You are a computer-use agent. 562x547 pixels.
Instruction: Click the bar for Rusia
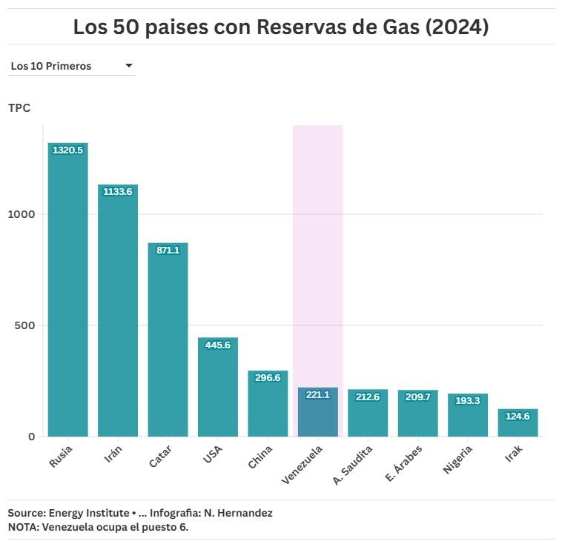pyautogui.click(x=67, y=289)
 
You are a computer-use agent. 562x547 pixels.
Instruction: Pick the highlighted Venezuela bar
pyautogui.click(x=317, y=411)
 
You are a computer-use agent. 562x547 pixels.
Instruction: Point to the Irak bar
pyautogui.click(x=518, y=422)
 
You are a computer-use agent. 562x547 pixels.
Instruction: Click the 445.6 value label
pyautogui.click(x=217, y=345)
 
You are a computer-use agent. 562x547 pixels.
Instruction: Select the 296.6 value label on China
pyautogui.click(x=268, y=378)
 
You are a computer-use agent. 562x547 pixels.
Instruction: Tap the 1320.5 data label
pyautogui.click(x=67, y=150)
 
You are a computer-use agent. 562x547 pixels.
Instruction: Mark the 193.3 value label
pyautogui.click(x=467, y=401)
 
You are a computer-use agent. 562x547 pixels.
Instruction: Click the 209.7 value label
pyautogui.click(x=417, y=397)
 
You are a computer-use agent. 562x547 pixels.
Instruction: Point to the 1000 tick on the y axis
pyautogui.click(x=22, y=214)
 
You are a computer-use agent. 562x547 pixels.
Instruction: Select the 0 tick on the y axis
pyautogui.click(x=32, y=437)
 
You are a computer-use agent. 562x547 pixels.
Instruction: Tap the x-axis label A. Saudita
pyautogui.click(x=353, y=465)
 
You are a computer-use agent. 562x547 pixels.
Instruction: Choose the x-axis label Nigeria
pyautogui.click(x=457, y=460)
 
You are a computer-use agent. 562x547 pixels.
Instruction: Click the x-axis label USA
pyautogui.click(x=213, y=454)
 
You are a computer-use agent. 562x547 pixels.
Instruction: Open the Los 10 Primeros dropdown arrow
pyautogui.click(x=129, y=66)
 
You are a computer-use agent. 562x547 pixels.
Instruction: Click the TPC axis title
pyautogui.click(x=19, y=108)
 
